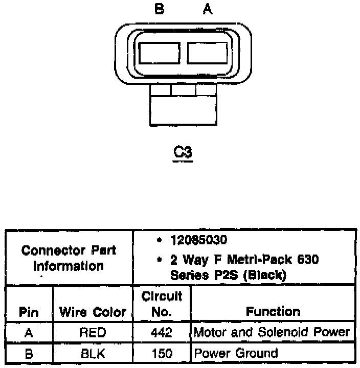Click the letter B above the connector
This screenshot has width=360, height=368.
(x=159, y=10)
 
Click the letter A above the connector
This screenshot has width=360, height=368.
(x=207, y=10)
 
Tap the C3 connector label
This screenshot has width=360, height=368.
(x=183, y=152)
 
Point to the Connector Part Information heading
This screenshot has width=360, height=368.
(x=69, y=258)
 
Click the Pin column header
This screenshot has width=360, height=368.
(x=29, y=312)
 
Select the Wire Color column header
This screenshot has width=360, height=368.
(x=93, y=312)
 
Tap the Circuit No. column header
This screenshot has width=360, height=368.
(x=162, y=304)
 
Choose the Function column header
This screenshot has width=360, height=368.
(x=273, y=311)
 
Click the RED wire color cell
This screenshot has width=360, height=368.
(x=93, y=333)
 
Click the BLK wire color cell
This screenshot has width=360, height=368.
(x=93, y=353)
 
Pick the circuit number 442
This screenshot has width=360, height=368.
(x=162, y=333)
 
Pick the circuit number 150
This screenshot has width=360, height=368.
(x=162, y=353)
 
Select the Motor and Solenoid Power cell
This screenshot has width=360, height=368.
(x=272, y=333)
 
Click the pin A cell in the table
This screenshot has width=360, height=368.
(x=29, y=333)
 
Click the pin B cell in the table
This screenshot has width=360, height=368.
(x=29, y=353)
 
